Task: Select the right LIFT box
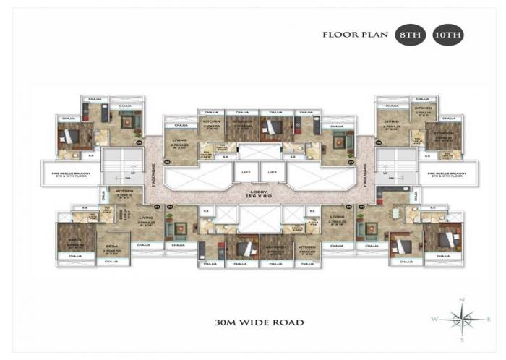pos(272,173)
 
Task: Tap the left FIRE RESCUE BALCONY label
pos(69,174)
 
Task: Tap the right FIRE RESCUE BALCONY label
pos(446,174)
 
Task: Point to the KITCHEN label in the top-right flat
pos(424,107)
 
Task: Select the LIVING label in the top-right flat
pos(392,121)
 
